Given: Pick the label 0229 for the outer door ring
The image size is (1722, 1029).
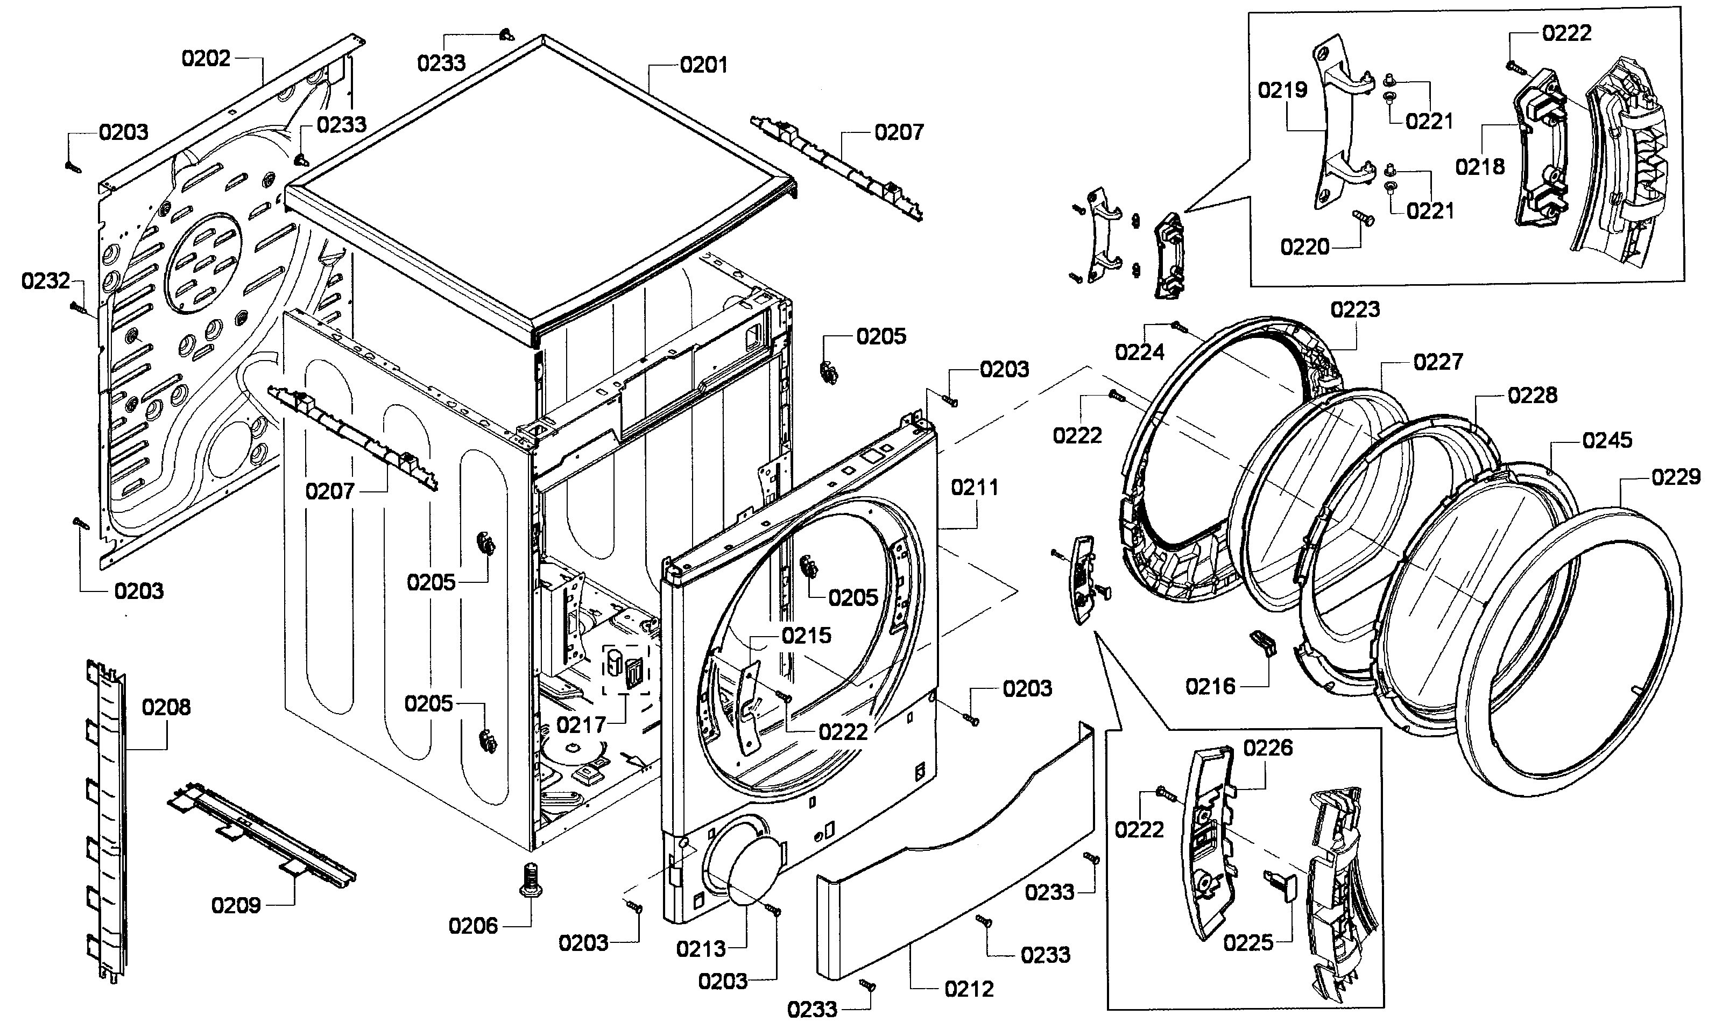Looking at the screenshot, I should (x=1676, y=477).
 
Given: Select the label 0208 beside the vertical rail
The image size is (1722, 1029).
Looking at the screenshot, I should (x=166, y=707).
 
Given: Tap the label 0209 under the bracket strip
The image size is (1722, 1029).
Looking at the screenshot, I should (x=236, y=906).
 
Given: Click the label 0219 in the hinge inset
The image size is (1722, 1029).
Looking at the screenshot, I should (x=1282, y=90).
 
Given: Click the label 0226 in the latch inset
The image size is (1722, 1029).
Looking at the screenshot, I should (x=1268, y=748).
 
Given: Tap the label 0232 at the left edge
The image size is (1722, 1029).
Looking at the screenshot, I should (x=46, y=281).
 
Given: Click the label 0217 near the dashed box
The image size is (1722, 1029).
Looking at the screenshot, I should (x=581, y=725).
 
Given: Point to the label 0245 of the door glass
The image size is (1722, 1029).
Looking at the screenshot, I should (x=1607, y=440).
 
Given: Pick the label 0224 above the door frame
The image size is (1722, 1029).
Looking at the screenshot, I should (x=1139, y=353).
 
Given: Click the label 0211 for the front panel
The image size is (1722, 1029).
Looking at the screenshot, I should (x=975, y=488).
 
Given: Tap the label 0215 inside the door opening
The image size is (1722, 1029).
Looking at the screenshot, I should (x=806, y=636).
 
